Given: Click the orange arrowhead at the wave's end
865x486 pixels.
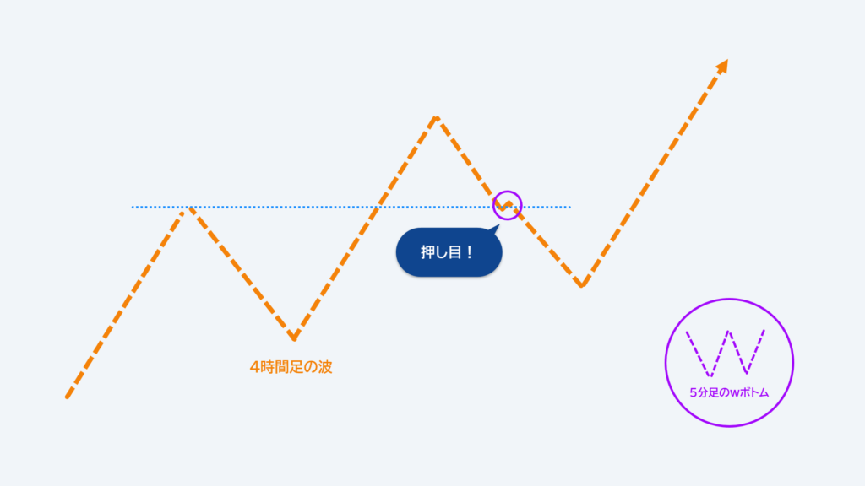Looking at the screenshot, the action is tap(723, 66).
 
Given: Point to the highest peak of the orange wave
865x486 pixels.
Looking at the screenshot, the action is tap(437, 117).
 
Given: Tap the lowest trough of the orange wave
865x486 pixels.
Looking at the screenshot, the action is tap(294, 337).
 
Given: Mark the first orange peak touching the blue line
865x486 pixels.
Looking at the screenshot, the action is tap(189, 208).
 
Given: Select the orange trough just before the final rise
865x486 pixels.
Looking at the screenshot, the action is tap(581, 285).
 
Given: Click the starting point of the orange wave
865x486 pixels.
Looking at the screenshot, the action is tap(68, 397).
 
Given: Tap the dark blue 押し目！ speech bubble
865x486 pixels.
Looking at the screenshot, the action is tap(449, 251).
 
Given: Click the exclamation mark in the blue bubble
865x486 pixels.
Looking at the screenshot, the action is tap(469, 252).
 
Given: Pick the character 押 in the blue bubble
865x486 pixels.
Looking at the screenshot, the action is tap(428, 252).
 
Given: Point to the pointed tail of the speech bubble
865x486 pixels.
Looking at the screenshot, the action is tap(497, 226).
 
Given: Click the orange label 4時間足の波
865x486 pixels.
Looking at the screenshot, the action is tap(291, 367).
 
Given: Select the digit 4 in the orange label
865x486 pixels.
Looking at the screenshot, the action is tap(254, 367).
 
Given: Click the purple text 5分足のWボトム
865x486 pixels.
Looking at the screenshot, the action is tap(729, 393).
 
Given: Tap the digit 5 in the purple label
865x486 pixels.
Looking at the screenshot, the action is tap(693, 393).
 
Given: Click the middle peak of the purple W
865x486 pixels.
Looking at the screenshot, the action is tap(729, 332).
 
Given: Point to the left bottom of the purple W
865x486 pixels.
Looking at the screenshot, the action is tap(710, 375).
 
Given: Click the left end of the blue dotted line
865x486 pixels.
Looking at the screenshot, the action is tap(133, 208).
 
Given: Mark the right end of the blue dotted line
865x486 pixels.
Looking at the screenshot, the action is tap(569, 208).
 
